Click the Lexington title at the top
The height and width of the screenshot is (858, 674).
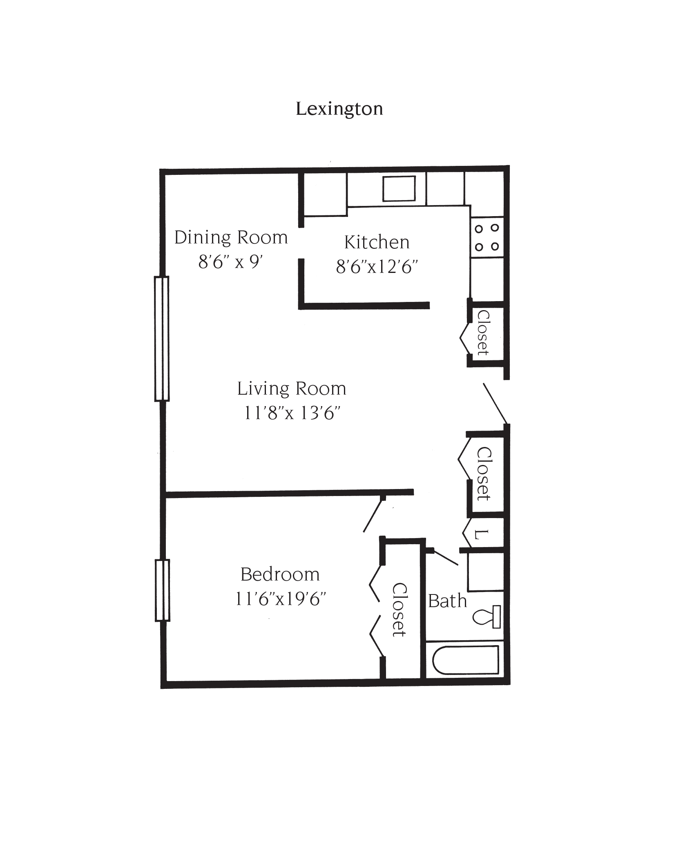point(339,109)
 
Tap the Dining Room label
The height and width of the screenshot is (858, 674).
point(231,238)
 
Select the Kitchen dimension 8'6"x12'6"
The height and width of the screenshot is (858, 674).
point(377,267)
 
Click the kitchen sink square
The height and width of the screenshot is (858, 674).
point(399,188)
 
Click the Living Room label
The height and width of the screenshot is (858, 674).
point(292,389)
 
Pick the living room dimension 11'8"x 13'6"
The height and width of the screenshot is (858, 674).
point(292,413)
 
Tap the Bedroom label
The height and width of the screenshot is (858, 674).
point(280,574)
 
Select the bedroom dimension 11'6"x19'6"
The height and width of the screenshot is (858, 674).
point(281,599)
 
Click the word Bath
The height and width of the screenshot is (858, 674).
point(447,601)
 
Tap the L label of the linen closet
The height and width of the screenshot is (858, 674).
point(482,534)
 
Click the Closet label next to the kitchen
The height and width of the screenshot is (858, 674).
point(483,333)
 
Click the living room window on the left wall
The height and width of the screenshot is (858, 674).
point(162,339)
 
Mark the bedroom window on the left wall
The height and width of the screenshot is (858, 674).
point(162,590)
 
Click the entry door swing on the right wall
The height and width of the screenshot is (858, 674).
point(495,403)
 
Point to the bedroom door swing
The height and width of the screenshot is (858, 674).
point(374,516)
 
